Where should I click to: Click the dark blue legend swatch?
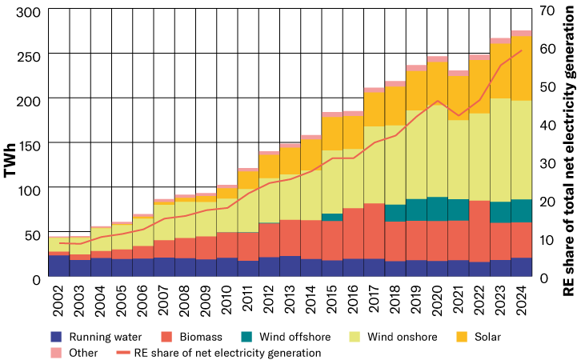tap(56, 337)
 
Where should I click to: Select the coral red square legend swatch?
tap(166, 337)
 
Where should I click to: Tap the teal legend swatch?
tap(246, 337)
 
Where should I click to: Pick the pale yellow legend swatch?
tap(355, 337)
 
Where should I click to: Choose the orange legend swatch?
tap(462, 337)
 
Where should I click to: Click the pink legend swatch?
tap(56, 353)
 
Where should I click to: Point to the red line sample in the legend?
tap(123, 353)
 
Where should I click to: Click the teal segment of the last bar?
tap(521, 210)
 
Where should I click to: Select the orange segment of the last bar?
tap(521, 68)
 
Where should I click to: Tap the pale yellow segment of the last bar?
tap(521, 150)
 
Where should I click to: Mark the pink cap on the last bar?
tap(521, 34)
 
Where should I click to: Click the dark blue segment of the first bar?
tap(59, 266)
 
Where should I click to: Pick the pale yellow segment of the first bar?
tap(59, 245)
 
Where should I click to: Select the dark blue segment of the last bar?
tap(521, 267)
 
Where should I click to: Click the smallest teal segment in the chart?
tap(332, 217)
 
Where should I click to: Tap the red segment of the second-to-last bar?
tap(500, 241)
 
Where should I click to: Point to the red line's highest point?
tap(521, 51)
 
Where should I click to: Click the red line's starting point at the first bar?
tap(59, 243)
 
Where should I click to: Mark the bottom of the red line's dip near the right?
tap(459, 115)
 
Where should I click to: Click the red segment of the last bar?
tap(521, 240)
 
